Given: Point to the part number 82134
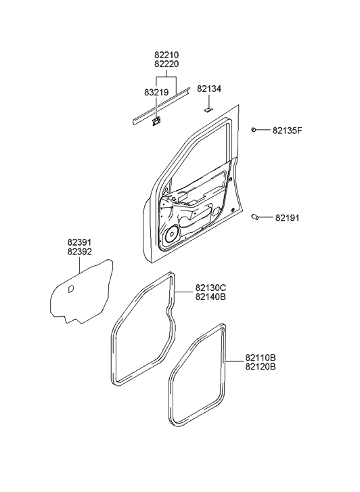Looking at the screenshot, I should pyautogui.click(x=209, y=89).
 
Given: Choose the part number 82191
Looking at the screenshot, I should pyautogui.click(x=287, y=218).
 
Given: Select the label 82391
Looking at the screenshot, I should pyautogui.click(x=80, y=242).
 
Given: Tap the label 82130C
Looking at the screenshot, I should pyautogui.click(x=210, y=288).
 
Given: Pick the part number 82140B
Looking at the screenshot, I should pyautogui.click(x=210, y=296).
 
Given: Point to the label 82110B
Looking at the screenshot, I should pyautogui.click(x=261, y=357).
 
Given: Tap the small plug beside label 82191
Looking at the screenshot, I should pyautogui.click(x=256, y=217).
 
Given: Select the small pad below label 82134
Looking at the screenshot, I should pyautogui.click(x=208, y=107).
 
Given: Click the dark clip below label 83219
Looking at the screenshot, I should pyautogui.click(x=156, y=121).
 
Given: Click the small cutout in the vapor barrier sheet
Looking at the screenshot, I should pyautogui.click(x=70, y=289).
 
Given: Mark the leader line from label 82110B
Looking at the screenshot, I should pyautogui.click(x=235, y=362).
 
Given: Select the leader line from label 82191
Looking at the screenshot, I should pyautogui.click(x=267, y=217).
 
